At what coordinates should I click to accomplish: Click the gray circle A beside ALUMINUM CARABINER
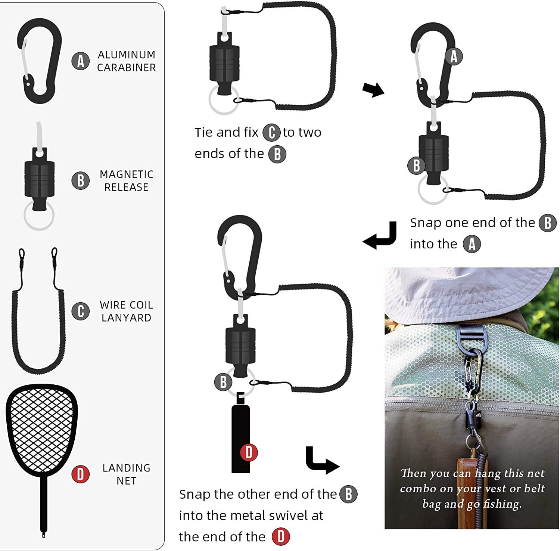click(x=80, y=61)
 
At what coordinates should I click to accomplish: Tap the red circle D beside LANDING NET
click(x=80, y=474)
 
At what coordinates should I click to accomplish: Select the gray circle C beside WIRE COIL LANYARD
click(x=80, y=311)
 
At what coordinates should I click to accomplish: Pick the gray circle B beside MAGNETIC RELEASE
click(x=80, y=180)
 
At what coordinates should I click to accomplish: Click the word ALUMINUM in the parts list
click(x=127, y=55)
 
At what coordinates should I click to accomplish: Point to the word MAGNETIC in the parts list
click(x=127, y=174)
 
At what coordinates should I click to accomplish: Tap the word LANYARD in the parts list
click(x=127, y=318)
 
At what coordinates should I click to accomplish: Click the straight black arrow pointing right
click(x=373, y=90)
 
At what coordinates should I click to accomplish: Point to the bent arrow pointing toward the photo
click(x=321, y=460)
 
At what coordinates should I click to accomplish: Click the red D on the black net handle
click(x=249, y=452)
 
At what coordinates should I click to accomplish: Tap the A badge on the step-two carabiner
click(x=454, y=57)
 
